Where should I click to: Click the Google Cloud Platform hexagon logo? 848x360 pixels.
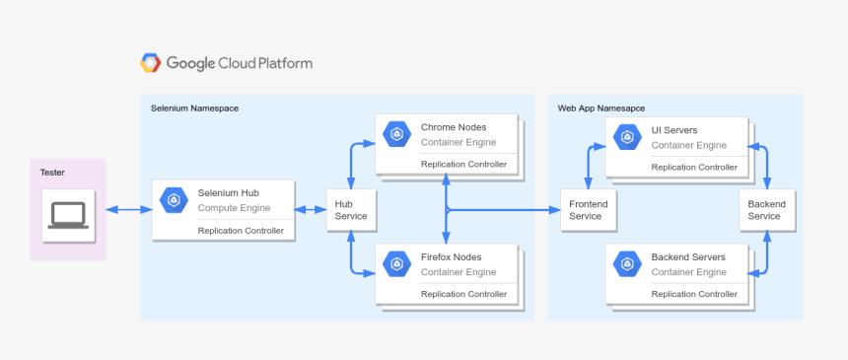[x=151, y=63]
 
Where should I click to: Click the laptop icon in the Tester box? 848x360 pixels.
[x=68, y=215]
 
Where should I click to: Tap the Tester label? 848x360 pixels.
[x=52, y=173]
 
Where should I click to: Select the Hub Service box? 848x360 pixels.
[x=350, y=209]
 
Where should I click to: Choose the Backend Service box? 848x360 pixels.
[x=766, y=209]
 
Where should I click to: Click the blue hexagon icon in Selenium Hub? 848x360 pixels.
[x=175, y=200]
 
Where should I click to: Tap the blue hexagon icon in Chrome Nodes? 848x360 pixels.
[x=397, y=135]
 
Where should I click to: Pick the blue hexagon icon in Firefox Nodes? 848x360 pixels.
[x=397, y=264]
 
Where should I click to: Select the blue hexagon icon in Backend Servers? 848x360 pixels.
[x=628, y=264]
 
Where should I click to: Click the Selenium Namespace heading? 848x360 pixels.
[x=194, y=108]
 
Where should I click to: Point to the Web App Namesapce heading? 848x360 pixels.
[x=601, y=108]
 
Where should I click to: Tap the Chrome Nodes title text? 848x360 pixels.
[x=454, y=127]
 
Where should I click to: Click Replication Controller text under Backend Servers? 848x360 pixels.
[x=694, y=294]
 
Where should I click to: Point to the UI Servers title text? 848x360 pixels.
[x=674, y=130]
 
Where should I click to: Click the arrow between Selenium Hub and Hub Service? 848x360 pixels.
[x=311, y=209]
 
